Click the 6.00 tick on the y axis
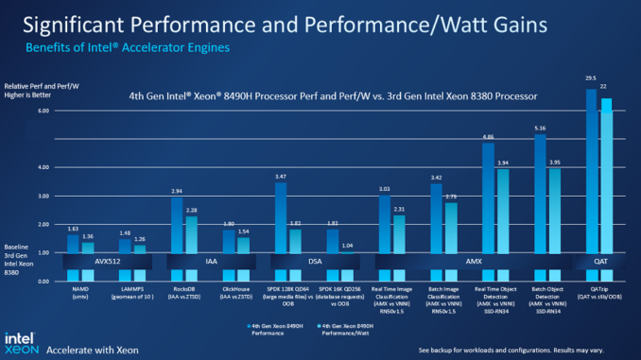coord(43,111)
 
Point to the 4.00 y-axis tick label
coord(43,167)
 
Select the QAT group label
coord(598,257)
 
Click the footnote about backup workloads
coord(525,350)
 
